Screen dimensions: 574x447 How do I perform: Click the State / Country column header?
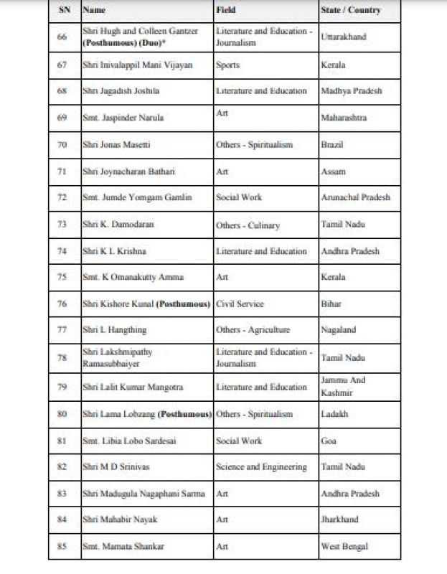point(351,11)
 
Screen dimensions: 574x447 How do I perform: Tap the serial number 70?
point(62,145)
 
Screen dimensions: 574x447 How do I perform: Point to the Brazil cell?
point(332,145)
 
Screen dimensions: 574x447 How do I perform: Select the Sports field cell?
point(227,65)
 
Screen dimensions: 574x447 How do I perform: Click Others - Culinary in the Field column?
point(248,225)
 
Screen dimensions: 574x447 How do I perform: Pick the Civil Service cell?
point(240,304)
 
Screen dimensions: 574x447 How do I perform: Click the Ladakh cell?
point(334,415)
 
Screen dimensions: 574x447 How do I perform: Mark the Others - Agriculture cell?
point(253,330)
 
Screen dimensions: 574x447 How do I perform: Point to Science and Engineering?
point(261,467)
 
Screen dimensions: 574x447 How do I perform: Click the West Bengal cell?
point(344,547)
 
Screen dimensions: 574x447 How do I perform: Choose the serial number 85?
point(62,547)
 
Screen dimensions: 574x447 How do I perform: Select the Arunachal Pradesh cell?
point(356,198)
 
